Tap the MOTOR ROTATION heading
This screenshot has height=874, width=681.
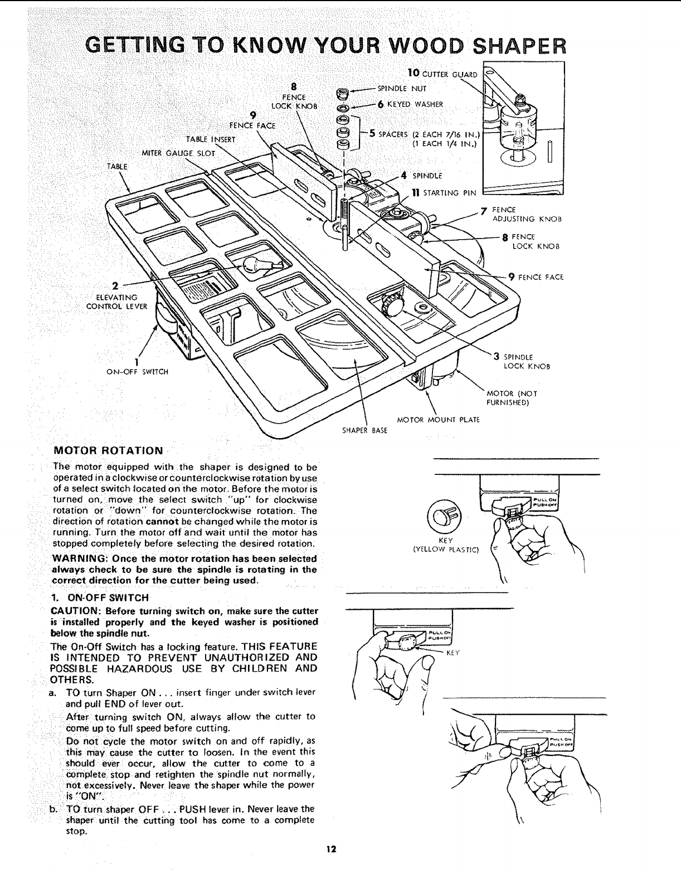pos(108,450)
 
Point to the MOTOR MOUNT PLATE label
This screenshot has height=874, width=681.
pos(437,419)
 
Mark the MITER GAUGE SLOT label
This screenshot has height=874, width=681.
pos(178,153)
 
